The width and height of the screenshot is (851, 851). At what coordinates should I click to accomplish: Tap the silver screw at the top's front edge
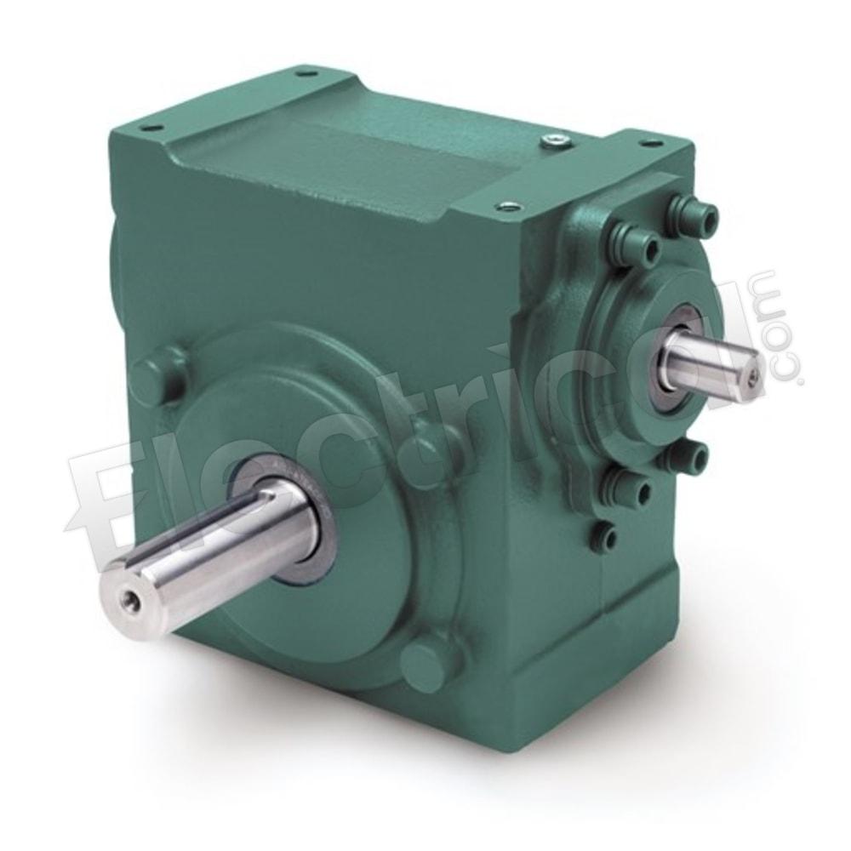509,206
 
